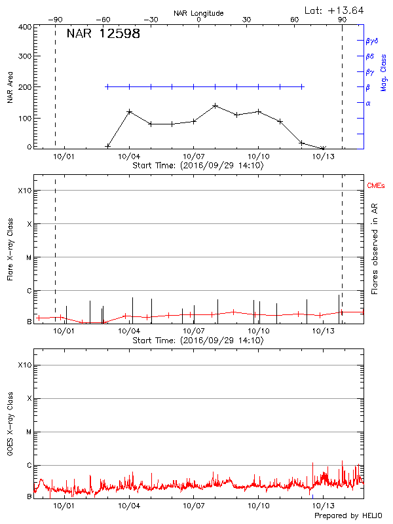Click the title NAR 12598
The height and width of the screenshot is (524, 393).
pyautogui.click(x=103, y=34)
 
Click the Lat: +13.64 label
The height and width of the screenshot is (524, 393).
pyautogui.click(x=335, y=10)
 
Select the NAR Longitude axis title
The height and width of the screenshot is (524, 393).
pyautogui.click(x=198, y=13)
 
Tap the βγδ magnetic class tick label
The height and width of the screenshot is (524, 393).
pyautogui.click(x=372, y=41)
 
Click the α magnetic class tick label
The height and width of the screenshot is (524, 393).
pyautogui.click(x=368, y=103)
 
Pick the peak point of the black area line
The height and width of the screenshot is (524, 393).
pyautogui.click(x=215, y=105)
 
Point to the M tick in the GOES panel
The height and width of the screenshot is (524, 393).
pyautogui.click(x=29, y=432)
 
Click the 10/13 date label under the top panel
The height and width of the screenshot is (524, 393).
pyautogui.click(x=322, y=157)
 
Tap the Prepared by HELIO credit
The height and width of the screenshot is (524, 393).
pyautogui.click(x=348, y=516)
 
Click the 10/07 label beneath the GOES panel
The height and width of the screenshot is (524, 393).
pyautogui.click(x=194, y=506)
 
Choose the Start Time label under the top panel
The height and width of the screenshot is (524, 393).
pyautogui.click(x=198, y=166)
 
